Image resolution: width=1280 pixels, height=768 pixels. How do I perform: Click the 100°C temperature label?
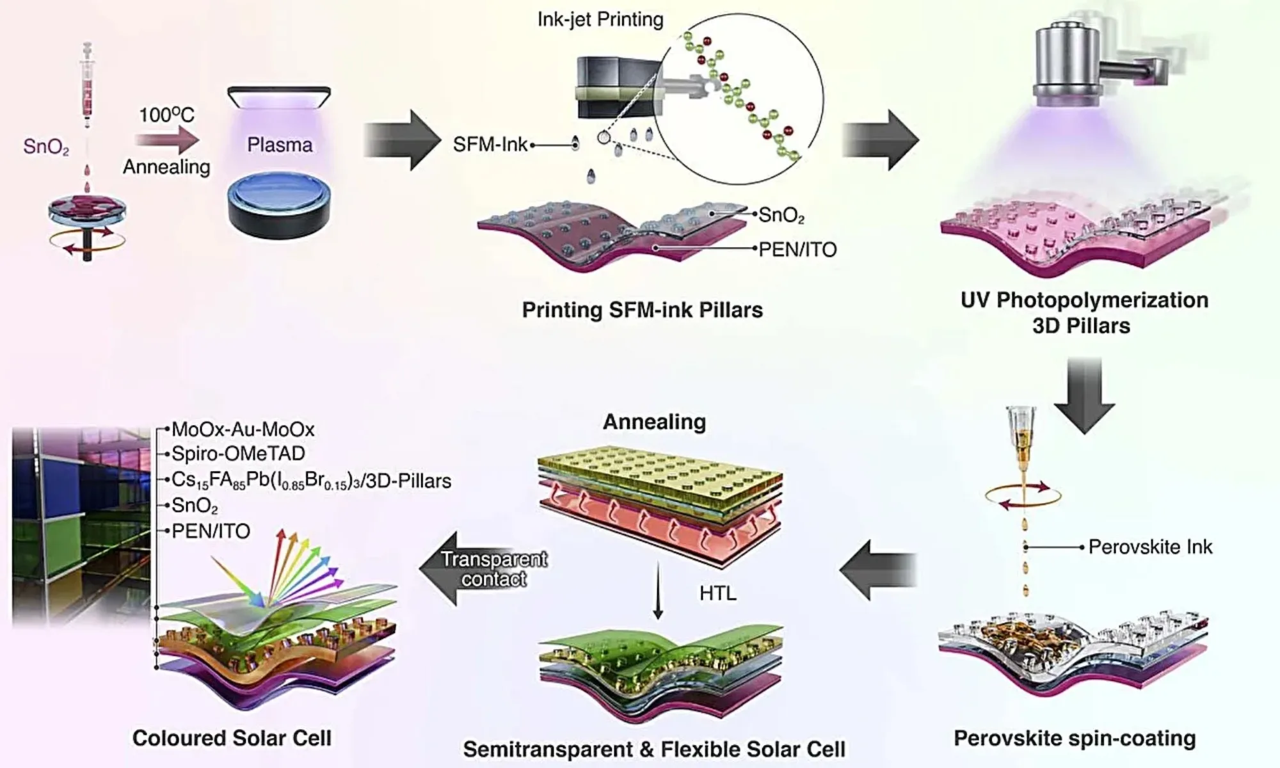166,115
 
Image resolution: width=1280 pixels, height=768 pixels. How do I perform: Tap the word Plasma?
280,145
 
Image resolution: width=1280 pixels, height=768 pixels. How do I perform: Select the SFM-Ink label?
490,145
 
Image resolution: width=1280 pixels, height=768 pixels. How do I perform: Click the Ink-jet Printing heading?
600,20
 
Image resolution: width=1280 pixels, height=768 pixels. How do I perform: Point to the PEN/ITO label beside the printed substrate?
797,250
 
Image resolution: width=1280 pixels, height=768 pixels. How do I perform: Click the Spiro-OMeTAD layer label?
238,454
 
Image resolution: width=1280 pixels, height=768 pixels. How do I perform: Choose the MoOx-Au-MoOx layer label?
243,429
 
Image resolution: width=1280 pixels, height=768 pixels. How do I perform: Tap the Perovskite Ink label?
1150,547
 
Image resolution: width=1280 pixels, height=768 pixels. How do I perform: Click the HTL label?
717,594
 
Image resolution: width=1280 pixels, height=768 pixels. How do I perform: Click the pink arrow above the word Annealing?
168,140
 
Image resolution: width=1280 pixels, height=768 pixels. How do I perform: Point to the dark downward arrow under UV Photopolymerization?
1085,395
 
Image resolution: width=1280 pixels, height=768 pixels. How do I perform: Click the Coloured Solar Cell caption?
232,738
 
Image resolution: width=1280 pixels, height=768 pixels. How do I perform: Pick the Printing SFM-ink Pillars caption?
642,310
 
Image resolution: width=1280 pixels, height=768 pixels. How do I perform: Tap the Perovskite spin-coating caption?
1075,738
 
